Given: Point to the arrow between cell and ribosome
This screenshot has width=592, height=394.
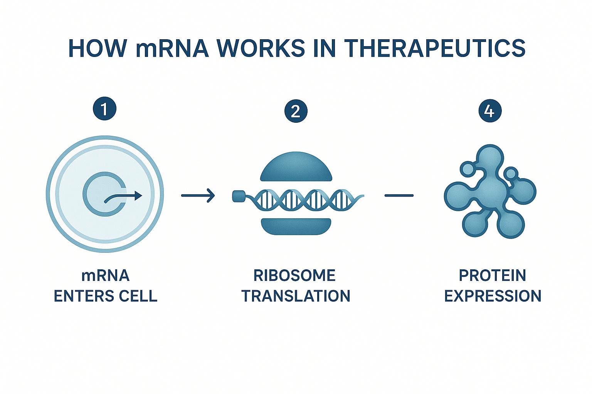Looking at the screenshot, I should pyautogui.click(x=198, y=195).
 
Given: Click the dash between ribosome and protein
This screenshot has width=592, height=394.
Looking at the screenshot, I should pyautogui.click(x=399, y=195).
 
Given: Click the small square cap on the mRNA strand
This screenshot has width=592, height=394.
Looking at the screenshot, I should pyautogui.click(x=238, y=196).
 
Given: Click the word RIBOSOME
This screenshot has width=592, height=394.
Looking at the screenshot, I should pyautogui.click(x=294, y=275).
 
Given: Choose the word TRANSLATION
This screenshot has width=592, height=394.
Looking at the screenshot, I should pyautogui.click(x=296, y=296).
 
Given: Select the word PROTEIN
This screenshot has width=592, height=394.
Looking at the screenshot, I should pyautogui.click(x=493, y=275).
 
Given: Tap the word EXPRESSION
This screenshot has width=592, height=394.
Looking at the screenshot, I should pyautogui.click(x=493, y=296).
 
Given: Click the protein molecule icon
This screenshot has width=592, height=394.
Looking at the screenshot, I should pyautogui.click(x=489, y=192).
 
